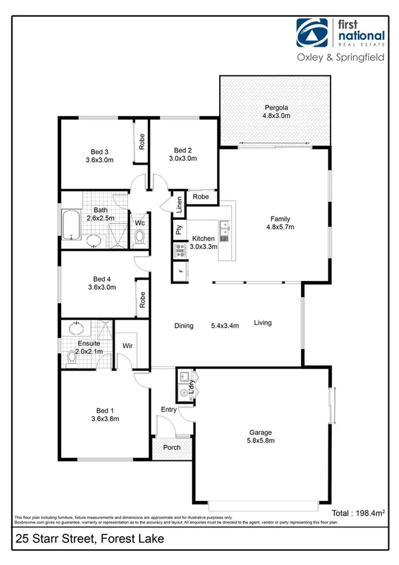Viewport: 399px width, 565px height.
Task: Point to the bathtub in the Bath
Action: click(71, 226)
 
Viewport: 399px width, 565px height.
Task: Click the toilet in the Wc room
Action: click(140, 237)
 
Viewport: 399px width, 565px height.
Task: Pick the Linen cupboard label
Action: click(179, 205)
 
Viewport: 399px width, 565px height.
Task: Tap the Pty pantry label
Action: click(179, 231)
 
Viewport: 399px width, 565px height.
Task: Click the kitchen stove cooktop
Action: click(179, 251)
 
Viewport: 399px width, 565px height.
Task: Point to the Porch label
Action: click(172, 447)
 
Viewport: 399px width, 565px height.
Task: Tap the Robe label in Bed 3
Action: click(142, 141)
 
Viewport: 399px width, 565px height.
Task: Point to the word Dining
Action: click(184, 326)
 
